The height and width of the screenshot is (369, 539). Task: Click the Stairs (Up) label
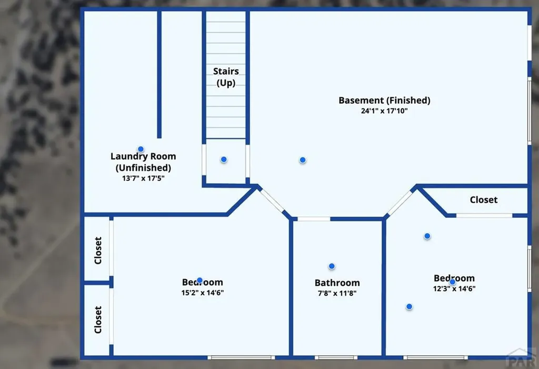pyautogui.click(x=226, y=77)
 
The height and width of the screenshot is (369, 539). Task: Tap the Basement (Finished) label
pyautogui.click(x=384, y=100)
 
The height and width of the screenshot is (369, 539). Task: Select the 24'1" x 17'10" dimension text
pyautogui.click(x=384, y=111)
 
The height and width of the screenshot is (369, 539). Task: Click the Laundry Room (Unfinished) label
pyautogui.click(x=143, y=162)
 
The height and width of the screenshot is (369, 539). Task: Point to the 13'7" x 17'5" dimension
pyautogui.click(x=143, y=178)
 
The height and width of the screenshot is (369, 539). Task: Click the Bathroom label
pyautogui.click(x=337, y=283)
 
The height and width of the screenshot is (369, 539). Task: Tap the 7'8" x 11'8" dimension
pyautogui.click(x=337, y=293)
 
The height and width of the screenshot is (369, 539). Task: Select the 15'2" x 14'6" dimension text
pyautogui.click(x=203, y=293)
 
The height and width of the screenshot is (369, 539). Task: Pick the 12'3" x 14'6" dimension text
pyautogui.click(x=454, y=288)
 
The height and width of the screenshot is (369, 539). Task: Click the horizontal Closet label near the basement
pyautogui.click(x=484, y=200)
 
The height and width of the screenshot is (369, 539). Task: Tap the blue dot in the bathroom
pyautogui.click(x=332, y=266)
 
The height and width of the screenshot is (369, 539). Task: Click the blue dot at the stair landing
pyautogui.click(x=224, y=159)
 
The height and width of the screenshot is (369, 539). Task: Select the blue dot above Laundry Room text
pyautogui.click(x=141, y=149)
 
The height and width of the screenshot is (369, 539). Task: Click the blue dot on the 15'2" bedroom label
pyautogui.click(x=199, y=280)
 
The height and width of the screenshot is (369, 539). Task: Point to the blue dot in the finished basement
pyautogui.click(x=303, y=160)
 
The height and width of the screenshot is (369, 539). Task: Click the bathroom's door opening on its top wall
pyautogui.click(x=314, y=219)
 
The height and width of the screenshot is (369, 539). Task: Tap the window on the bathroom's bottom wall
pyautogui.click(x=336, y=357)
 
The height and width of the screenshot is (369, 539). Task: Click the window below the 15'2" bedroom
pyautogui.click(x=241, y=357)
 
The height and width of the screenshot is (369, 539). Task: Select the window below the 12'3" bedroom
pyautogui.click(x=435, y=357)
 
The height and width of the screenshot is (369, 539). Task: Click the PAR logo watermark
pyautogui.click(x=522, y=358)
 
